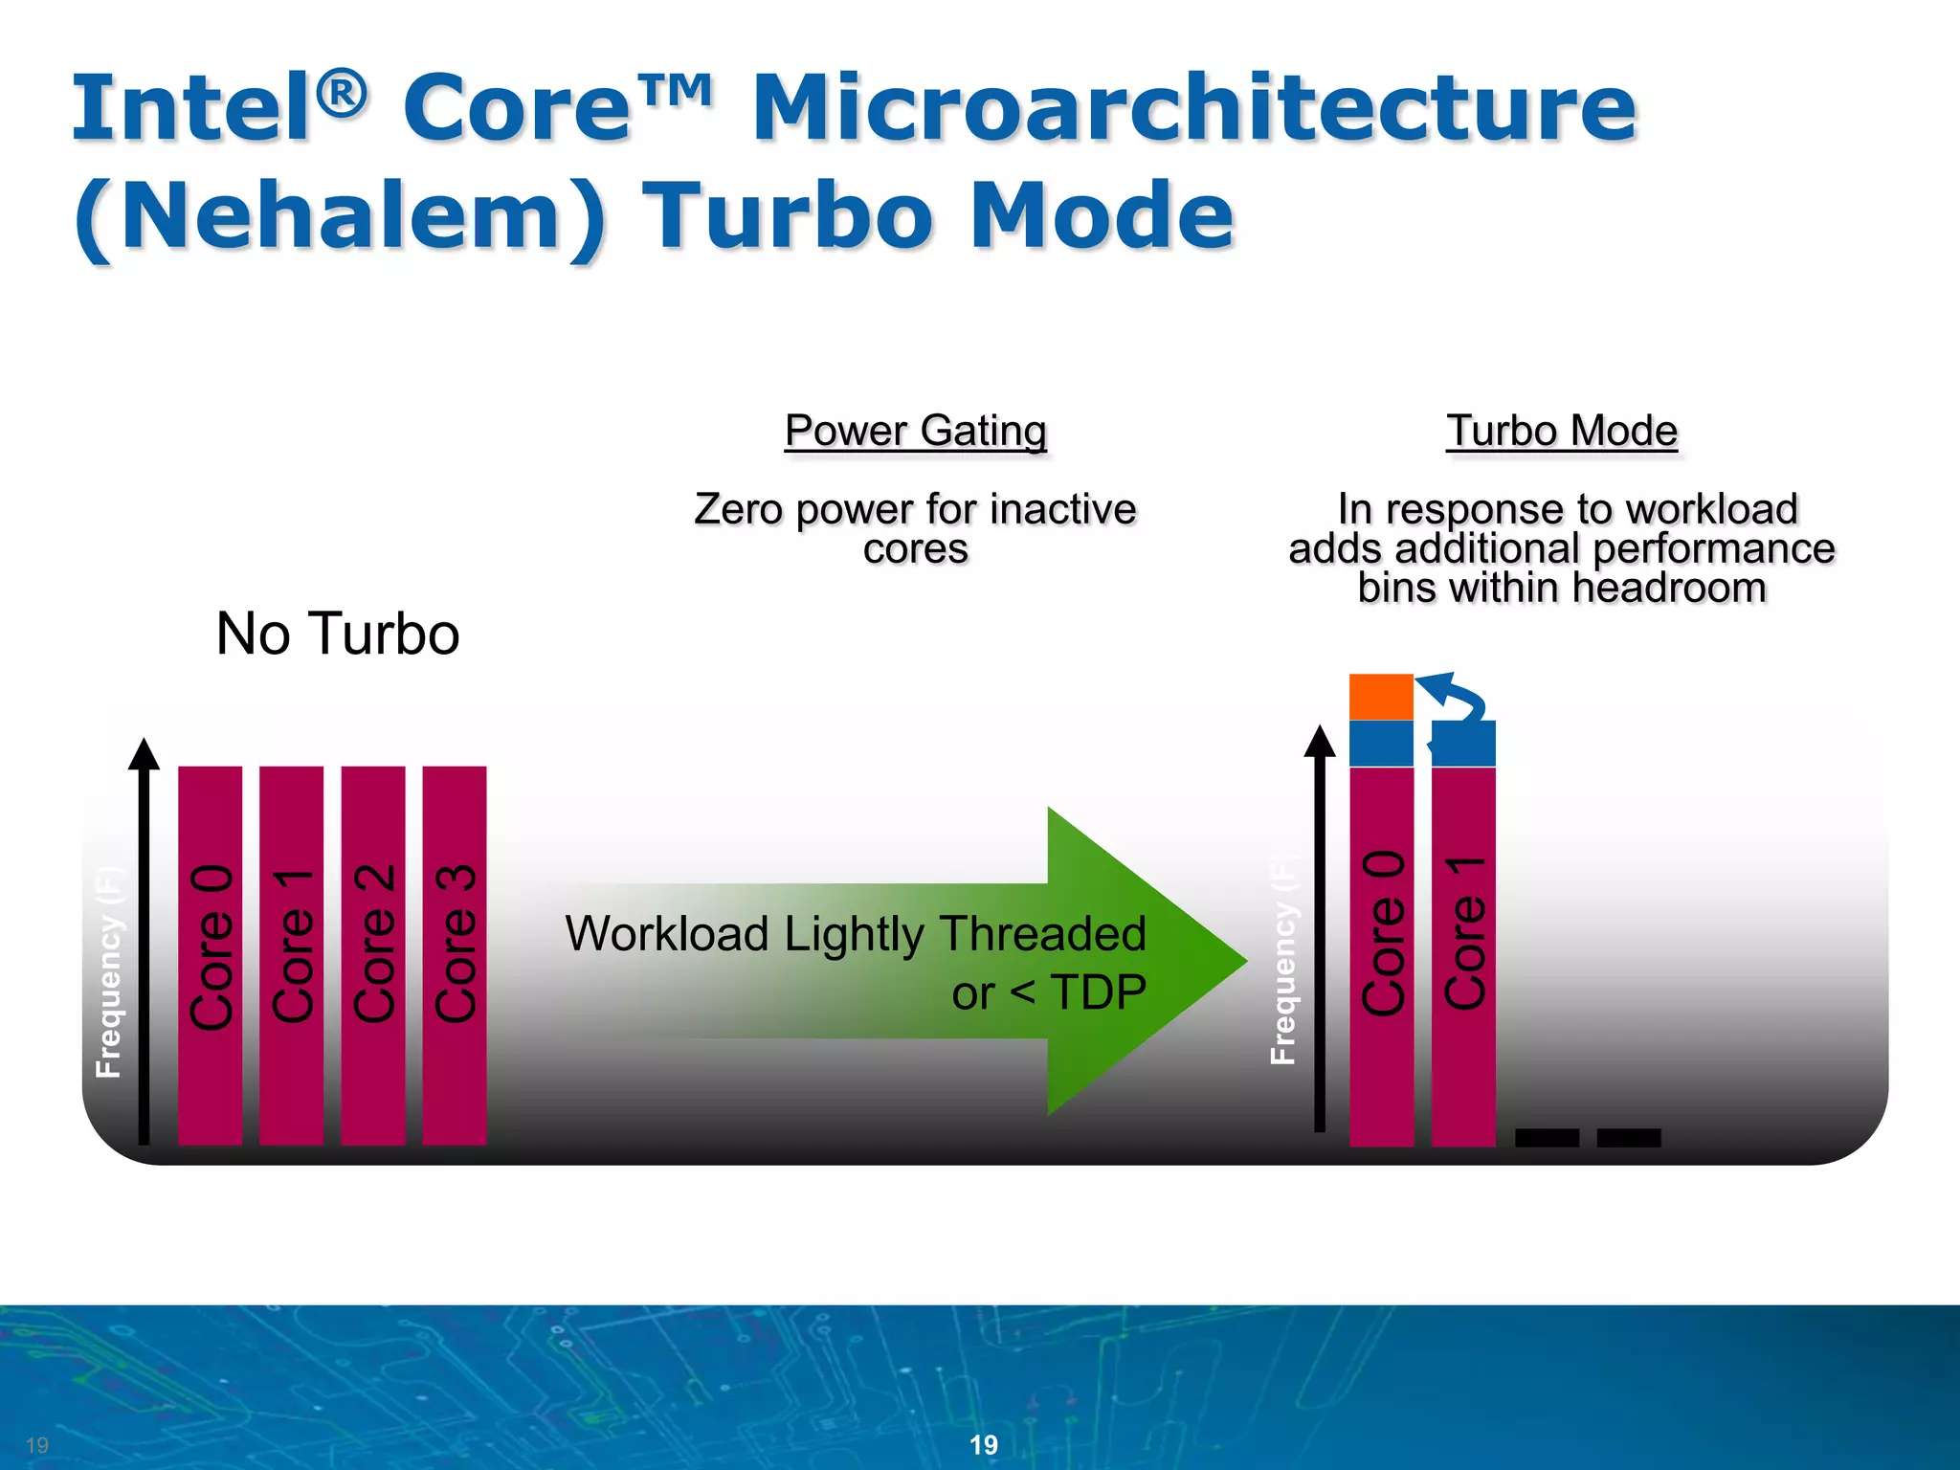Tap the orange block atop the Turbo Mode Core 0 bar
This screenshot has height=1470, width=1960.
(1380, 696)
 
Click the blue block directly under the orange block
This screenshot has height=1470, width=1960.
(1380, 743)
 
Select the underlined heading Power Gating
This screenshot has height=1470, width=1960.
(915, 431)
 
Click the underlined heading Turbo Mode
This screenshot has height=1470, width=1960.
(1561, 431)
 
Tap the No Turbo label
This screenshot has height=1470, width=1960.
(338, 634)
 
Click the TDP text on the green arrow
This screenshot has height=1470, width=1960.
(1098, 992)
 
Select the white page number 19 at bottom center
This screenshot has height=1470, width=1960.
(983, 1445)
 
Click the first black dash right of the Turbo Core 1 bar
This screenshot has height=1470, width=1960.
(1547, 1137)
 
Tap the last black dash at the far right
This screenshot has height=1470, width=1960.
(1628, 1137)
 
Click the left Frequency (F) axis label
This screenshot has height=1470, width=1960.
(109, 971)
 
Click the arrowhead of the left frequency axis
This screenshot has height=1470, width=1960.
(144, 753)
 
